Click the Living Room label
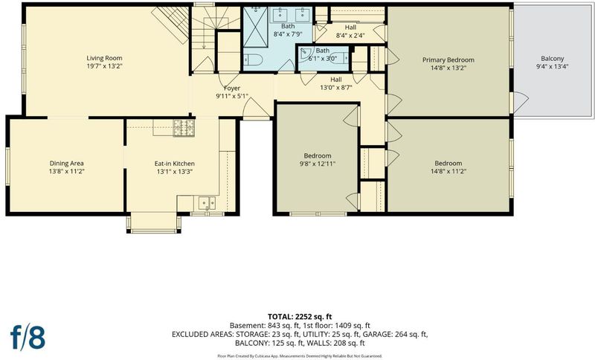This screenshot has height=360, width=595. point(104,58)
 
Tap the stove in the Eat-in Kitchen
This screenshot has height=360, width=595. point(184,128)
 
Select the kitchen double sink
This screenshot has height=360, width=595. point(208,203)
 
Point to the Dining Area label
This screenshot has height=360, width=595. point(66,164)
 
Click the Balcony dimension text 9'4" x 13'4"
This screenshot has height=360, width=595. point(552,67)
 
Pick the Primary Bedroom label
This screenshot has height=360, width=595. point(448,60)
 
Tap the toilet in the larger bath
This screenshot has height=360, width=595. point(251,60)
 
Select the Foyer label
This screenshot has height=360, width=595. point(231,89)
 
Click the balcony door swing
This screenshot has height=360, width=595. point(521,102)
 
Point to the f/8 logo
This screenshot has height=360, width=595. point(28,337)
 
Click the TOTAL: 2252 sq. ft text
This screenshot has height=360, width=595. point(300,317)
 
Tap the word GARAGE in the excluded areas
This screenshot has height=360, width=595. point(377,334)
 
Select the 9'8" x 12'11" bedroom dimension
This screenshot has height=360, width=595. point(318,164)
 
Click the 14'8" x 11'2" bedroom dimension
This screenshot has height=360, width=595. point(448,172)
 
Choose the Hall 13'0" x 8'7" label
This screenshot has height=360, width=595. point(336,83)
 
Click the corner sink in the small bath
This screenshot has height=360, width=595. point(306,54)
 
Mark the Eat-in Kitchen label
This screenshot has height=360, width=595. point(175,164)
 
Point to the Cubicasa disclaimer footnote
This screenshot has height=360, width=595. point(300,356)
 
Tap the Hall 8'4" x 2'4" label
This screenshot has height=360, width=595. point(350,31)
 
